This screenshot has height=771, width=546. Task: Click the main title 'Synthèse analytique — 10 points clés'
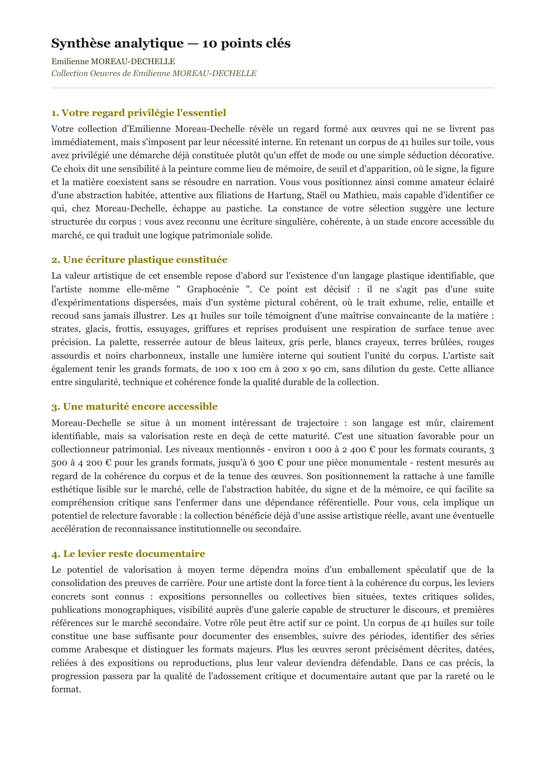(171, 44)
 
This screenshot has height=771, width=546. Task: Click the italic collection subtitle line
(154, 73)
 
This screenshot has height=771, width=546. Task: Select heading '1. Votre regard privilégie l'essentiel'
(139, 113)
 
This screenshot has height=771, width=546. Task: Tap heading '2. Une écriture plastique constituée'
(139, 260)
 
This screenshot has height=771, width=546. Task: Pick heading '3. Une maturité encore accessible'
(134, 407)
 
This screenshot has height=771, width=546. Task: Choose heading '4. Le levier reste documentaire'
(128, 554)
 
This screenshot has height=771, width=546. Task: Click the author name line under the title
(113, 62)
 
